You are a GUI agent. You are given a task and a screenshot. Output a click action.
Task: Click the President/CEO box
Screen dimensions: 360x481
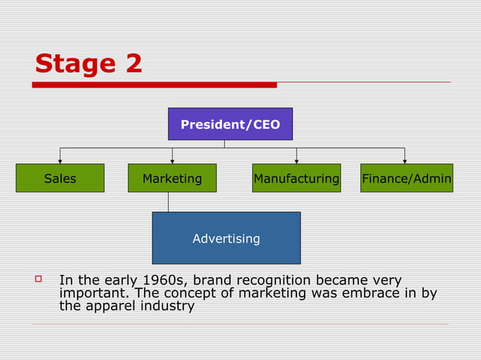coord(230,124)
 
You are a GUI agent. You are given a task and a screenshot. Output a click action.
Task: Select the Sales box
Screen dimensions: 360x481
coord(60,178)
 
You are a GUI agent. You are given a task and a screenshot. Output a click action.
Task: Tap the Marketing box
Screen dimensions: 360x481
coord(172,178)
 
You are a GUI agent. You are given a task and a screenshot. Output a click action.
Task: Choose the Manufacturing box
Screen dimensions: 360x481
coord(296,178)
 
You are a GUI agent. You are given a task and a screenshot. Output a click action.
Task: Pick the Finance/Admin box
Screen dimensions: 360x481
coord(406,178)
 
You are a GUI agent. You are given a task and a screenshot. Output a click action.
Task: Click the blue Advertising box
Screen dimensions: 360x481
coord(226,238)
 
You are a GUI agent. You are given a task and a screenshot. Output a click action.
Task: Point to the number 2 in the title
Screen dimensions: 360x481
coord(133,63)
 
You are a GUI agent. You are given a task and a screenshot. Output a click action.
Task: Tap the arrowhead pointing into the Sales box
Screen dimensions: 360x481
coord(60,160)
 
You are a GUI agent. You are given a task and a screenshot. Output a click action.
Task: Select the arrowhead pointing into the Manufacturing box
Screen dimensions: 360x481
coord(296,160)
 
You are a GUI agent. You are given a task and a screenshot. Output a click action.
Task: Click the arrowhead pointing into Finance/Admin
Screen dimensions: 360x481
coord(405,160)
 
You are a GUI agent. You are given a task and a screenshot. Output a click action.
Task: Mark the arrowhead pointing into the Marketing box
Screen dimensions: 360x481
coord(173,160)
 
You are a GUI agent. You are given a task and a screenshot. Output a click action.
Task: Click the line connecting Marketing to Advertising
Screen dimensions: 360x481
coord(168,202)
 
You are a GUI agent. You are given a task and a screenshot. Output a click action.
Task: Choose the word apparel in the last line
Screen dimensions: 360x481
coord(109,307)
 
